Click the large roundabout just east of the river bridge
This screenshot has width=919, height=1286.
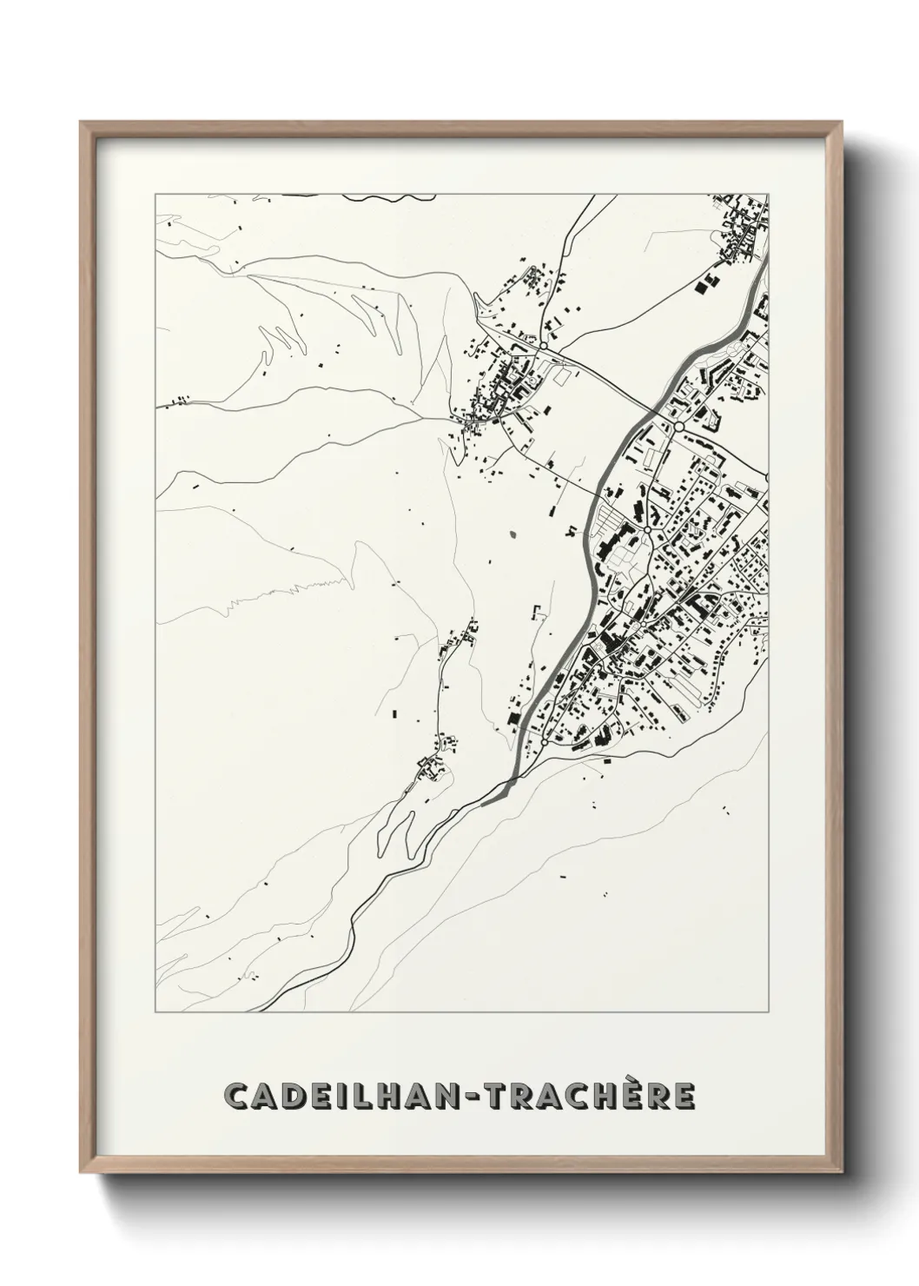pyautogui.click(x=679, y=427)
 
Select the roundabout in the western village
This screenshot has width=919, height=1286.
pyautogui.click(x=543, y=346)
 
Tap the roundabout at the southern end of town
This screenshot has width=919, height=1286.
pyautogui.click(x=545, y=743)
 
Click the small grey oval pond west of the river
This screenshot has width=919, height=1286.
pyautogui.click(x=512, y=534)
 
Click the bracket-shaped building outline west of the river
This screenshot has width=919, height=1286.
pyautogui.click(x=537, y=610)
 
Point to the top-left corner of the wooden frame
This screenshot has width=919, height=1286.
pyautogui.click(x=81, y=123)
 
